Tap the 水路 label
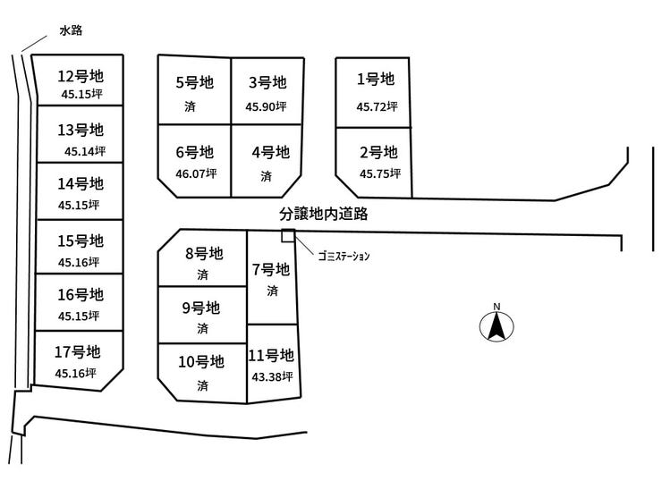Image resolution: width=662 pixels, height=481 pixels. click(x=70, y=30)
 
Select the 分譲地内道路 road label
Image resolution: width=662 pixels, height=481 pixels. click(x=324, y=215)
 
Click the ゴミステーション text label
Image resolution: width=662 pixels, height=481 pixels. click(x=344, y=256)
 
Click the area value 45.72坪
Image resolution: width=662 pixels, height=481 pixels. click(x=377, y=106)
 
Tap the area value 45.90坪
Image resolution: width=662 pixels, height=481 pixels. click(x=266, y=106)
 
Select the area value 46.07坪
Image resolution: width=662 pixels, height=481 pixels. click(x=194, y=173)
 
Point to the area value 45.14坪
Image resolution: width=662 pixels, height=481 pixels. click(x=84, y=150)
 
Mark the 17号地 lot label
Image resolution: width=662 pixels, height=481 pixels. click(x=77, y=351)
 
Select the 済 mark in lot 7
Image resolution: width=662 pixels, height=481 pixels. click(x=271, y=291)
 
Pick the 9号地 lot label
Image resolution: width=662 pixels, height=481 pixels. click(x=200, y=308)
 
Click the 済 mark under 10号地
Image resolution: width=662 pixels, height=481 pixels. click(x=202, y=385)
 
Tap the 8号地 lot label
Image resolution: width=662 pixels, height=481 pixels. click(x=203, y=253)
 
